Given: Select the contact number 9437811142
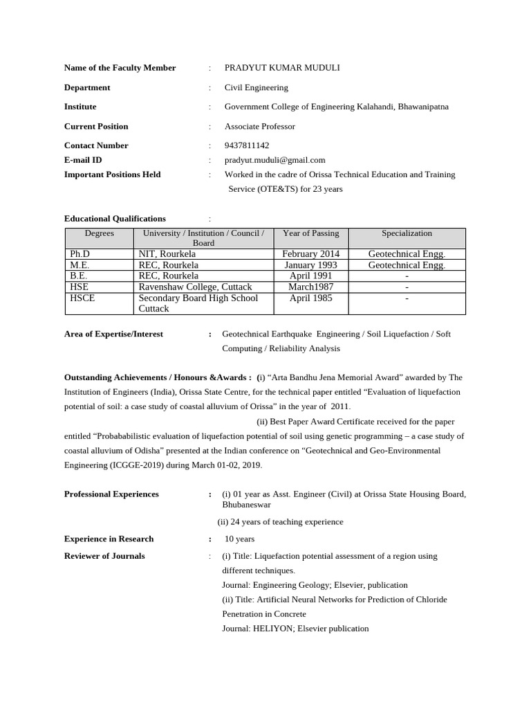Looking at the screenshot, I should click(247, 145).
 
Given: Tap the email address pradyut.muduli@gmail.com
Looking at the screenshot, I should click(274, 160).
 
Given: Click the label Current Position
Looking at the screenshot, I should click(96, 126).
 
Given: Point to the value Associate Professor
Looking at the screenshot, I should click(259, 126).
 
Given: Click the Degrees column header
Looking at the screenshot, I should click(100, 233).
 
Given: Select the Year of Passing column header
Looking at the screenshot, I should click(310, 233).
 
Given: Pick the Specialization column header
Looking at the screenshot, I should click(407, 233).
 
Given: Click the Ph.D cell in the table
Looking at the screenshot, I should click(80, 254).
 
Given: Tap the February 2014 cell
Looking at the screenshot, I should click(310, 254).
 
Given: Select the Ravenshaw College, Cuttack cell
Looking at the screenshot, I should click(195, 287).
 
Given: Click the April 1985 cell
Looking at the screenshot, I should click(310, 298).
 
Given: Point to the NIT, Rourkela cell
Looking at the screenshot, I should click(167, 254).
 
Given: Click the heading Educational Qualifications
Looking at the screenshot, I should click(115, 219).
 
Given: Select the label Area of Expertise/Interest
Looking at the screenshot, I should click(113, 334).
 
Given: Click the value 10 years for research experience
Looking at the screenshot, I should click(239, 539).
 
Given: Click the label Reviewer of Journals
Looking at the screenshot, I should click(104, 556).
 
